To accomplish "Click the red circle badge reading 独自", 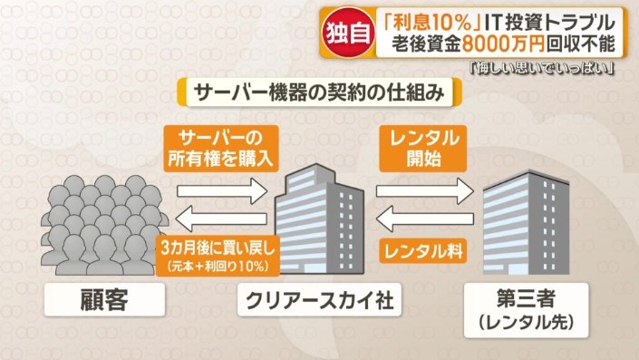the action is pyautogui.click(x=348, y=32).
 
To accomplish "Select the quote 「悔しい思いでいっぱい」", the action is pyautogui.click(x=542, y=68).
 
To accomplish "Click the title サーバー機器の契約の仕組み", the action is pyautogui.click(x=319, y=92).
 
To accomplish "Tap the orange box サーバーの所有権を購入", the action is pyautogui.click(x=221, y=149).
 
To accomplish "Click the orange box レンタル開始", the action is pyautogui.click(x=423, y=149).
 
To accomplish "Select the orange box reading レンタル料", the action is pyautogui.click(x=423, y=251).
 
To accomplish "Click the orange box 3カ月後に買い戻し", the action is pyautogui.click(x=218, y=256).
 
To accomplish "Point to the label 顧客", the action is pyautogui.click(x=104, y=300).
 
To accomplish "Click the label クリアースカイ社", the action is pyautogui.click(x=319, y=300).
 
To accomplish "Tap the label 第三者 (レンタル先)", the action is pyautogui.click(x=526, y=310).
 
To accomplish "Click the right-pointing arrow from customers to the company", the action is pyautogui.click(x=222, y=191).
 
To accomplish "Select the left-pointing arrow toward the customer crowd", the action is pyautogui.click(x=220, y=219).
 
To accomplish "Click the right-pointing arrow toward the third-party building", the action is pyautogui.click(x=425, y=191).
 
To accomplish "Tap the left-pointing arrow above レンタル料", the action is pyautogui.click(x=425, y=219).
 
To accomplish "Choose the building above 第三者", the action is pyautogui.click(x=526, y=222).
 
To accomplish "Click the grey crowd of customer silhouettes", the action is pyautogui.click(x=104, y=225).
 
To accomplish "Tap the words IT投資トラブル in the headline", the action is pyautogui.click(x=550, y=22).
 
